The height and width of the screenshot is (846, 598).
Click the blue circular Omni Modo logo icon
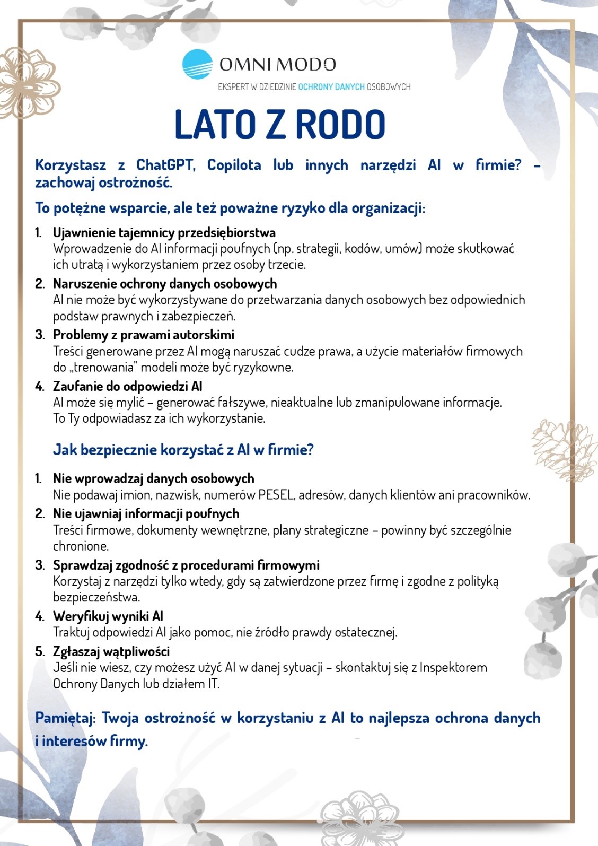[x=197, y=65]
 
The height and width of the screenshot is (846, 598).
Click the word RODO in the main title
[x=340, y=125]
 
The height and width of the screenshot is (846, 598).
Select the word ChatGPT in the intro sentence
[x=165, y=165]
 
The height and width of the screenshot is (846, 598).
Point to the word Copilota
[x=234, y=165]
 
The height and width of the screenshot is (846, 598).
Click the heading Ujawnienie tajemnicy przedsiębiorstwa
[x=164, y=232]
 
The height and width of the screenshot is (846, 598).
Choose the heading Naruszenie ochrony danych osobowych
[x=164, y=284]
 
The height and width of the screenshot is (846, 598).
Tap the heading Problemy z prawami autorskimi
[x=143, y=335]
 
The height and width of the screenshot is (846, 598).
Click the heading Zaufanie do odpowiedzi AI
[x=127, y=386]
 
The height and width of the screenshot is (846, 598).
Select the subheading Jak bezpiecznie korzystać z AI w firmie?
[x=183, y=450]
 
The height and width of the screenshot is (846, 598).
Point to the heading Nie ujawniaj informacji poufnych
[x=146, y=513]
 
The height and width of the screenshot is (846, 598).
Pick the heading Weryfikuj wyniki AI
[x=108, y=616]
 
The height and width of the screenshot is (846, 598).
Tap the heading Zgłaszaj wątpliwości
[x=111, y=651]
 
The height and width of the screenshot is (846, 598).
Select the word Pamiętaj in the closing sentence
[x=65, y=718]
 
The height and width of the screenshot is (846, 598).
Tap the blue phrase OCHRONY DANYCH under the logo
[x=331, y=86]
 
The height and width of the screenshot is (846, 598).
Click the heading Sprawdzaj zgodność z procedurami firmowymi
[x=186, y=565]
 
